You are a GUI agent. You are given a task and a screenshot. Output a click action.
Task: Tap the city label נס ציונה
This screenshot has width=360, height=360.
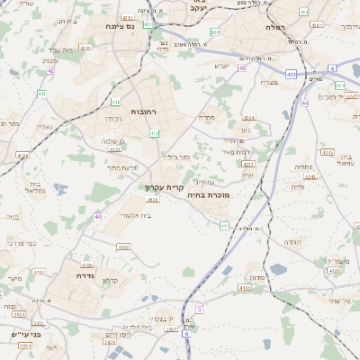point(118,27)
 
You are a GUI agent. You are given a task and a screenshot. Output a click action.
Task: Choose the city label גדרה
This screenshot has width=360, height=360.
point(81,265)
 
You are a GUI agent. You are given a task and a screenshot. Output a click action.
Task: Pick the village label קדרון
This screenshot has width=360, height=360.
point(111,280)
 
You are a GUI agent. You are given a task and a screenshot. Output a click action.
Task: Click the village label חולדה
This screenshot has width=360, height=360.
point(294,243)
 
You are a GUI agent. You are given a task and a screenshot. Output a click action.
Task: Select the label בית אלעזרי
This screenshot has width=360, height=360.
point(135,216)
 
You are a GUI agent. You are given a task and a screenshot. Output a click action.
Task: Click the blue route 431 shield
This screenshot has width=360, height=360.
point(292,74)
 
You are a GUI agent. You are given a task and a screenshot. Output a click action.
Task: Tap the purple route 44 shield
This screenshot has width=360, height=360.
point(305,103)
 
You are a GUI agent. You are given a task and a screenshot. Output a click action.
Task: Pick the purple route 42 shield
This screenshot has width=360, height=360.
point(50,70)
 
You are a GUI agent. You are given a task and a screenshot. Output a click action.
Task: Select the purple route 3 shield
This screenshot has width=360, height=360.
point(199,309)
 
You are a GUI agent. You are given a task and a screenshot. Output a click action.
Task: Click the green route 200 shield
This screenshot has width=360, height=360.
point(215,31)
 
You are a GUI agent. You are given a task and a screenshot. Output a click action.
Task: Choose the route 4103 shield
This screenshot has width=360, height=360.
point(245,288)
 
